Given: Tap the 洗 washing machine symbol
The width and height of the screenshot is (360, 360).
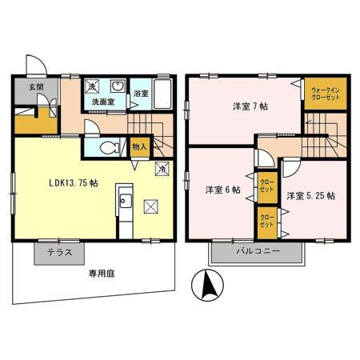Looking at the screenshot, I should click(x=92, y=86).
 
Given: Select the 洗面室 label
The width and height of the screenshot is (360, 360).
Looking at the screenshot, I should click(x=102, y=102).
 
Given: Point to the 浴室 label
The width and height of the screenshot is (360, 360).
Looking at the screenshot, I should click(x=139, y=94).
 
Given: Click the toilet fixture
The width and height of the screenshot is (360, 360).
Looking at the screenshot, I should click(x=110, y=146).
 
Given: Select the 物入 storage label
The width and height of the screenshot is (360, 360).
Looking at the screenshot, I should click(x=138, y=147).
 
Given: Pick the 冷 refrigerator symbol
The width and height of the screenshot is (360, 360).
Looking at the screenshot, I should click(x=161, y=169).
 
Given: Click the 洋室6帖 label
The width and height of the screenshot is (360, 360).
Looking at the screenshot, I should click(x=222, y=190).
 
